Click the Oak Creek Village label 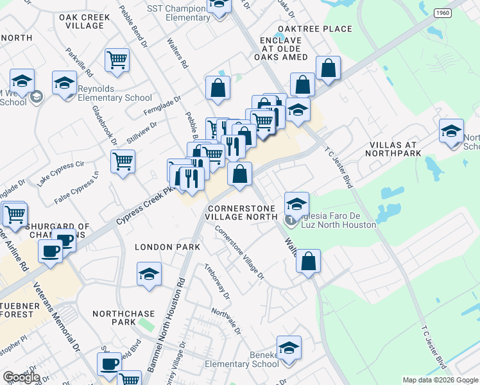pyautogui.click(x=81, y=21)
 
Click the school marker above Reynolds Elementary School pyautogui.click(x=64, y=84)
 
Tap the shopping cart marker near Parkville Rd pyautogui.click(x=117, y=61)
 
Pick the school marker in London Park pyautogui.click(x=149, y=275)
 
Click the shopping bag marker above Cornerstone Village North pyautogui.click(x=239, y=174)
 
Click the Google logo pyautogui.click(x=21, y=377)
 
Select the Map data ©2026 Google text pyautogui.click(x=440, y=380)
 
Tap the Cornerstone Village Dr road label pyautogui.click(x=239, y=252)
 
